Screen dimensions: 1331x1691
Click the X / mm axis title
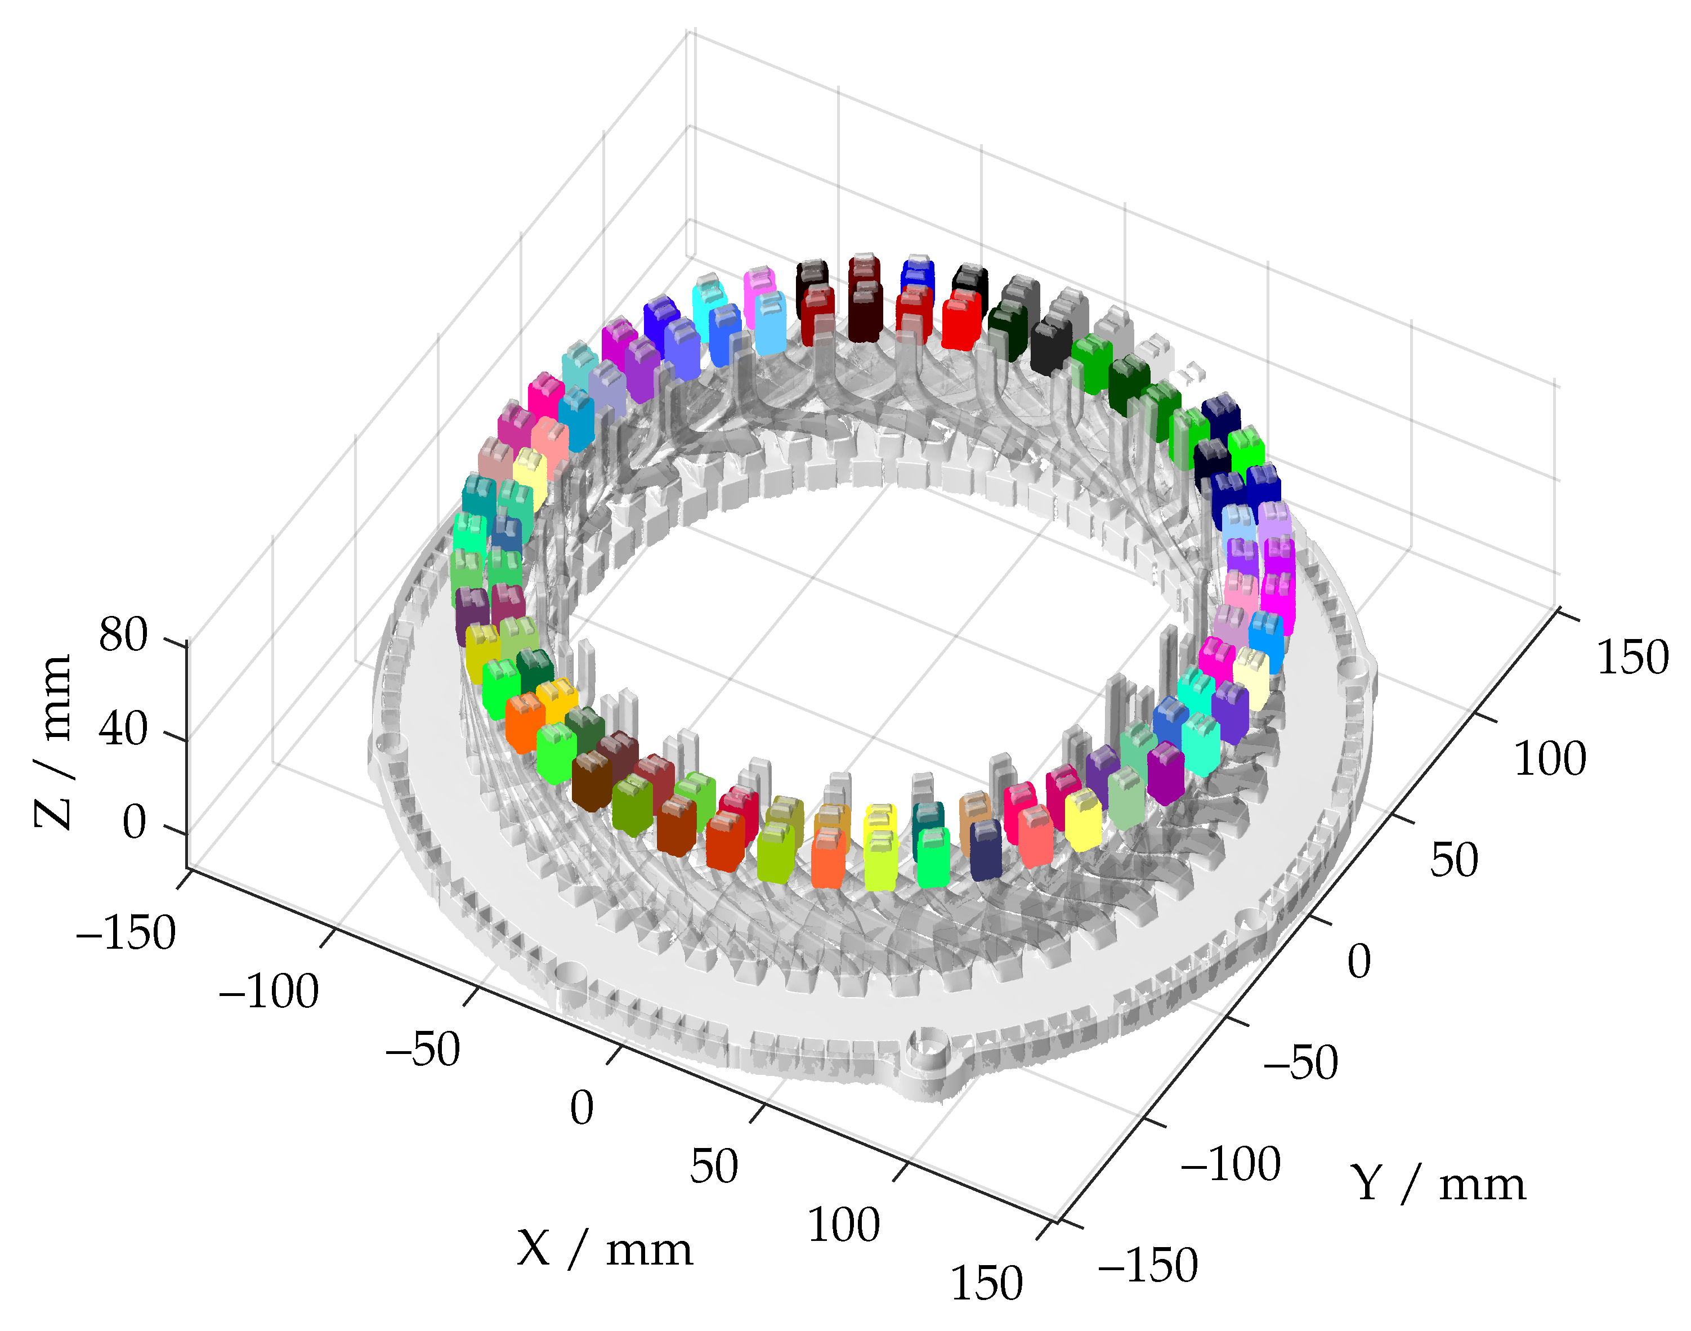pos(605,1249)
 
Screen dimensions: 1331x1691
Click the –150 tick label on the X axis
pos(126,933)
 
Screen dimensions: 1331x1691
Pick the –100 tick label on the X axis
pos(269,992)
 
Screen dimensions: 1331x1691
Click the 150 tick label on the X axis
pos(986,1284)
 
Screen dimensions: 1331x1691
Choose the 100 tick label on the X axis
pos(844,1225)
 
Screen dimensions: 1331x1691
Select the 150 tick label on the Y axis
pos(1632,657)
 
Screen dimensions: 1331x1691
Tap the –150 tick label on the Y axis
pos(1147,1265)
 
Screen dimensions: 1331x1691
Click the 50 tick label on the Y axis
pos(1453,861)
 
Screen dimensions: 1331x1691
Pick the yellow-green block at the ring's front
pos(880,860)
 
